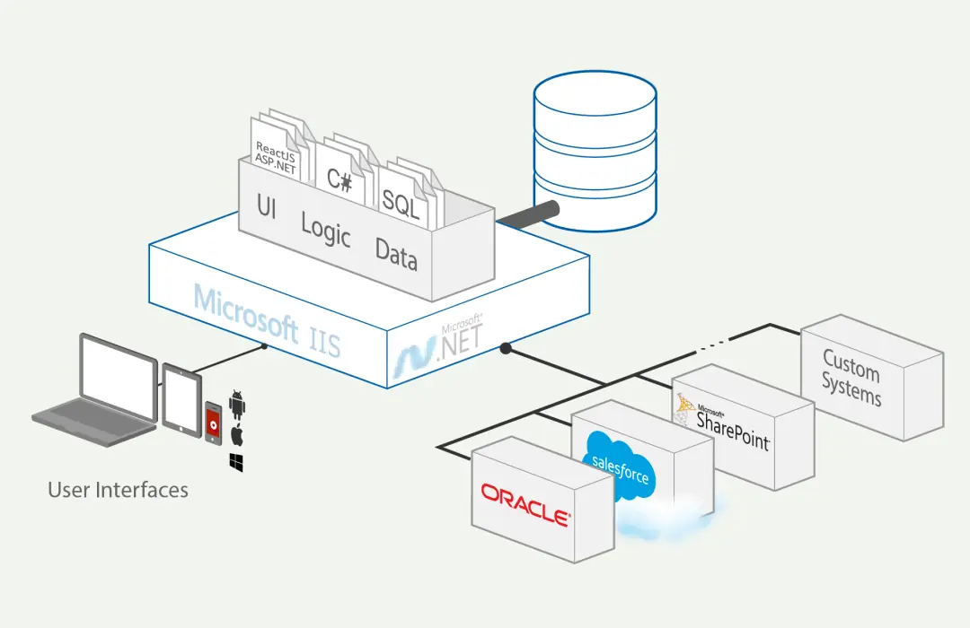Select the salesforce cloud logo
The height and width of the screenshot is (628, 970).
(x=620, y=467)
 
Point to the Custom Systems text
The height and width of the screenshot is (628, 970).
(x=852, y=379)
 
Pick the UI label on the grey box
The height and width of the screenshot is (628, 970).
(x=266, y=206)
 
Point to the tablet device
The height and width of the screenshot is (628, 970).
(x=181, y=399)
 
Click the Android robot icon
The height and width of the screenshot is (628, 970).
(x=237, y=406)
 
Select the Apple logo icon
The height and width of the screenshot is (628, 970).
(x=237, y=436)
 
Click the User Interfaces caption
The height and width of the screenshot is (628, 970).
(x=118, y=490)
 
